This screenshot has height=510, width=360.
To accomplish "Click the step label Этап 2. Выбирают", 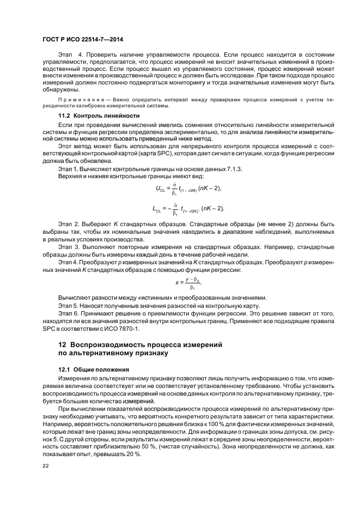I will click(80, 224).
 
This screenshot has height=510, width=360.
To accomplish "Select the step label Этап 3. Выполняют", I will click(80, 246).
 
